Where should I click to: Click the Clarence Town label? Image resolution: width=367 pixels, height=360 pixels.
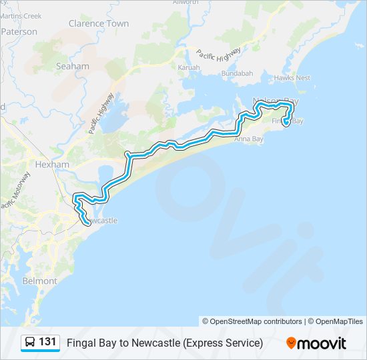point(99,23)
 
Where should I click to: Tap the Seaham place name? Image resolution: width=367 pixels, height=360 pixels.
point(72,66)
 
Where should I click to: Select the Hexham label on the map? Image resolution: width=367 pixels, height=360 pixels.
point(52,164)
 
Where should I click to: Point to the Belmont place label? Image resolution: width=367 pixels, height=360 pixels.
point(40,281)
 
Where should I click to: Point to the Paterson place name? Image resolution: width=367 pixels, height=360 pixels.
point(19,31)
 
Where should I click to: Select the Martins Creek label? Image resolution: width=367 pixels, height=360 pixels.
point(21,15)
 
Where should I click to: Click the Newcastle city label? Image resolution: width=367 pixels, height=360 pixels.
point(102,220)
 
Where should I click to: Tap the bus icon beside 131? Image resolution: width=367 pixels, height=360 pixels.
point(30,343)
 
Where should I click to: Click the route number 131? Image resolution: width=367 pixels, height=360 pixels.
point(47,342)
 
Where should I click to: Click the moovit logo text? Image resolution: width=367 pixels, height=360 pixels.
point(322,343)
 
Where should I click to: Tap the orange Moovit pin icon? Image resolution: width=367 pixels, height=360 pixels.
point(291,343)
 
